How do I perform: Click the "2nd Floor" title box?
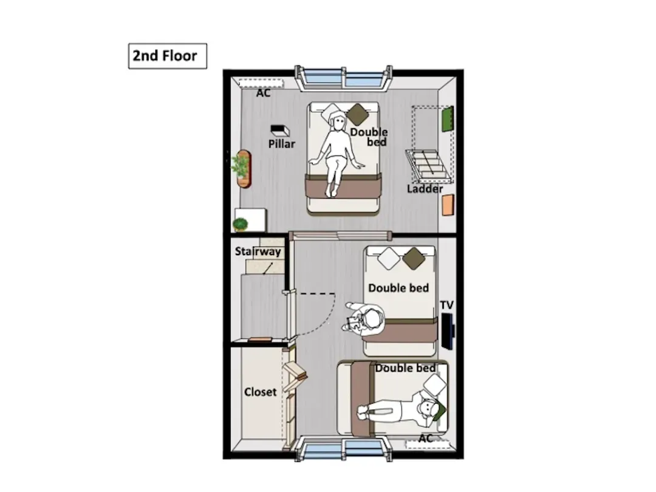(168, 56)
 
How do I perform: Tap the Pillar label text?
(282, 144)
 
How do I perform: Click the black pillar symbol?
(280, 130)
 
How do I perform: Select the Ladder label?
(425, 189)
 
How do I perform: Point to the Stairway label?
(258, 251)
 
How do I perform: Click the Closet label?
(260, 392)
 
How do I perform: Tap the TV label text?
(447, 305)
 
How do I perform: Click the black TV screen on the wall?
(448, 332)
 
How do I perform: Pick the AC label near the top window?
(263, 93)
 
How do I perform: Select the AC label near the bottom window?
(425, 438)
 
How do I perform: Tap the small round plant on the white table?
(240, 224)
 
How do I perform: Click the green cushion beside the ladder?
(448, 119)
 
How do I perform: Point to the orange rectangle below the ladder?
(448, 205)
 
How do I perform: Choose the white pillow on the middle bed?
(389, 258)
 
